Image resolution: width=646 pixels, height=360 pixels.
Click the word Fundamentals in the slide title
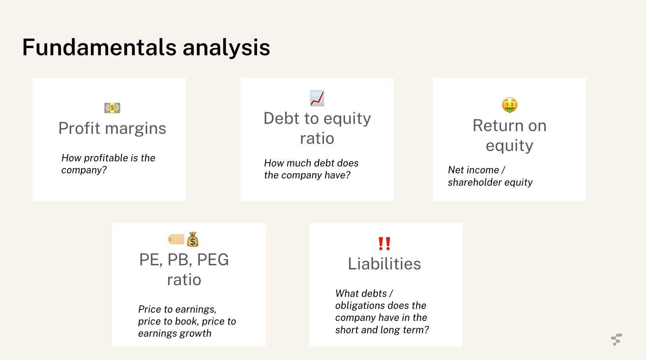pyautogui.click(x=99, y=47)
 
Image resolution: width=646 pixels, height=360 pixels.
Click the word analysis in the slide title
pyautogui.click(x=226, y=47)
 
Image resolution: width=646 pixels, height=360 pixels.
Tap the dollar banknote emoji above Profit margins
pyautogui.click(x=112, y=108)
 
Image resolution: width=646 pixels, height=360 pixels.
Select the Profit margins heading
pyautogui.click(x=112, y=128)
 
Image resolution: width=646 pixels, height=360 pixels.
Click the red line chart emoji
pyautogui.click(x=317, y=98)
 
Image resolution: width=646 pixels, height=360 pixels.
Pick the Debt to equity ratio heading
pyautogui.click(x=317, y=128)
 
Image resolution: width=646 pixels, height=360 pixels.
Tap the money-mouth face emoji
pyautogui.click(x=509, y=105)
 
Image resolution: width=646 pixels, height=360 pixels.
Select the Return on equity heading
pyautogui.click(x=509, y=135)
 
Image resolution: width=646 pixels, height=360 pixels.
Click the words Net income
pyautogui.click(x=473, y=170)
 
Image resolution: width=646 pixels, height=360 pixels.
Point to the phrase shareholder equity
pyautogui.click(x=490, y=182)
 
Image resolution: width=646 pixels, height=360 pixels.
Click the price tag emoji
pyautogui.click(x=176, y=239)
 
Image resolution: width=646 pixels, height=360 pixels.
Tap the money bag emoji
pyautogui.click(x=193, y=240)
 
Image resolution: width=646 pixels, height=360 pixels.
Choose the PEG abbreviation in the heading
pyautogui.click(x=213, y=260)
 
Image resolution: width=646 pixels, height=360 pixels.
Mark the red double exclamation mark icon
pyautogui.click(x=384, y=243)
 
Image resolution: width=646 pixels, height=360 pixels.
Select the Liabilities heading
pyautogui.click(x=384, y=264)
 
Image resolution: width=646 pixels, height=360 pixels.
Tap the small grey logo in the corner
pyautogui.click(x=616, y=339)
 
